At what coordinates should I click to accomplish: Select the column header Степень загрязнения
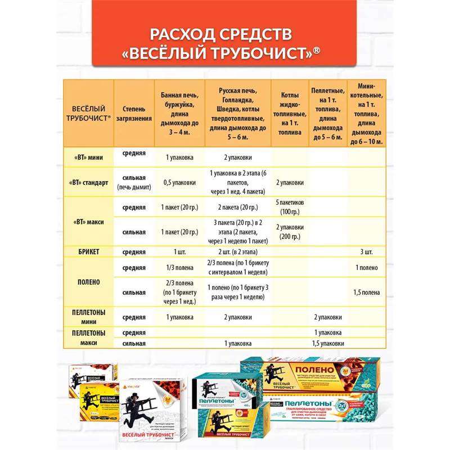coord(134,113)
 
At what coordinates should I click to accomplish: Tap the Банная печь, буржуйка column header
coord(179,113)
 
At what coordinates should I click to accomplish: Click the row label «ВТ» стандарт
coord(88,182)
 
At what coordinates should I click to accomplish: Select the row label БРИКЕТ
coord(88,251)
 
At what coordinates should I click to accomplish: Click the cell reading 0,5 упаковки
coord(179,182)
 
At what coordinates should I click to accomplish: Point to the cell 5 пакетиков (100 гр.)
coord(290,207)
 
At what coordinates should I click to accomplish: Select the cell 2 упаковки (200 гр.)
coord(290,232)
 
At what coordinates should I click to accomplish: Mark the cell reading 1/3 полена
coord(179,268)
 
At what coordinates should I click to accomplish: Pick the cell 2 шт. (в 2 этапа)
coord(236,251)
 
